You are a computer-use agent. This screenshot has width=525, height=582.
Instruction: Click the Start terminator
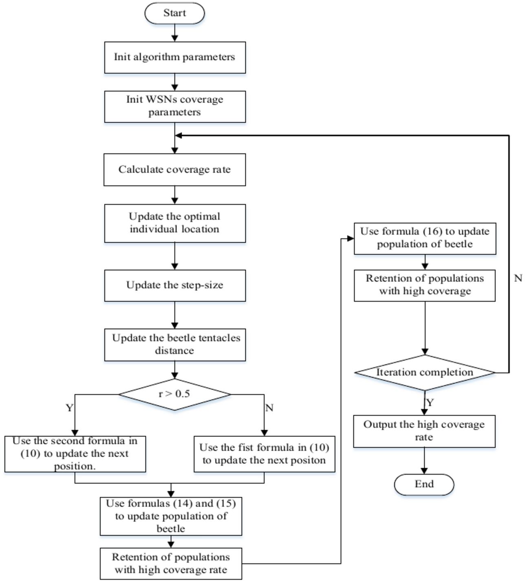point(174,13)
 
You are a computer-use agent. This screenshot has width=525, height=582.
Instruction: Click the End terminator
point(424,484)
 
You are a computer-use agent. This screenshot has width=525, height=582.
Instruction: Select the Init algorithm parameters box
point(175,58)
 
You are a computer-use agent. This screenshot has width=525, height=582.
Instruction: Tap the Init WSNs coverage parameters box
point(175,106)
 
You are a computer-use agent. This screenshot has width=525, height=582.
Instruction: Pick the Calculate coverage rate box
point(174,170)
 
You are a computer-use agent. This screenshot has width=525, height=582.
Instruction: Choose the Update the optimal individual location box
point(175,223)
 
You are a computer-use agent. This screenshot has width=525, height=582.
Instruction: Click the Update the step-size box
point(175,285)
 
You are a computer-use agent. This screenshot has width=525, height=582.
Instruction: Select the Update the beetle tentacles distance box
point(175,345)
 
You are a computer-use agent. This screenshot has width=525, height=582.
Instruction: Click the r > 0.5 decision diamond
point(174,394)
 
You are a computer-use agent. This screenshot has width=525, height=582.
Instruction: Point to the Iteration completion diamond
point(425,372)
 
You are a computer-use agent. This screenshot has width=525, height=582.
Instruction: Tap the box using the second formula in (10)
point(75,454)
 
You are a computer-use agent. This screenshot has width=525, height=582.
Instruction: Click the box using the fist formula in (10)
point(264,454)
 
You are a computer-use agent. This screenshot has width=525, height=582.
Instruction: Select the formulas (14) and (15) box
point(171,516)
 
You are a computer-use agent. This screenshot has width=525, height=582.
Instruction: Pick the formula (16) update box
point(425,238)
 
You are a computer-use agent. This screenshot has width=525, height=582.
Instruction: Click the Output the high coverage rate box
point(424,431)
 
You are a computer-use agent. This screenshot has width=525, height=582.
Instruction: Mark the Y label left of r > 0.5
point(69,408)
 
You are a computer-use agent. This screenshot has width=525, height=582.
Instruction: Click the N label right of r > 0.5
point(269,408)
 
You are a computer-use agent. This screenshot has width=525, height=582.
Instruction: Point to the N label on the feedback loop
point(518,278)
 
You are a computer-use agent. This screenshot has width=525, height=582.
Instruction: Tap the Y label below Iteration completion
point(430,403)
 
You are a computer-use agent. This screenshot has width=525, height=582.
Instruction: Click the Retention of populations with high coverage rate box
point(171,564)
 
